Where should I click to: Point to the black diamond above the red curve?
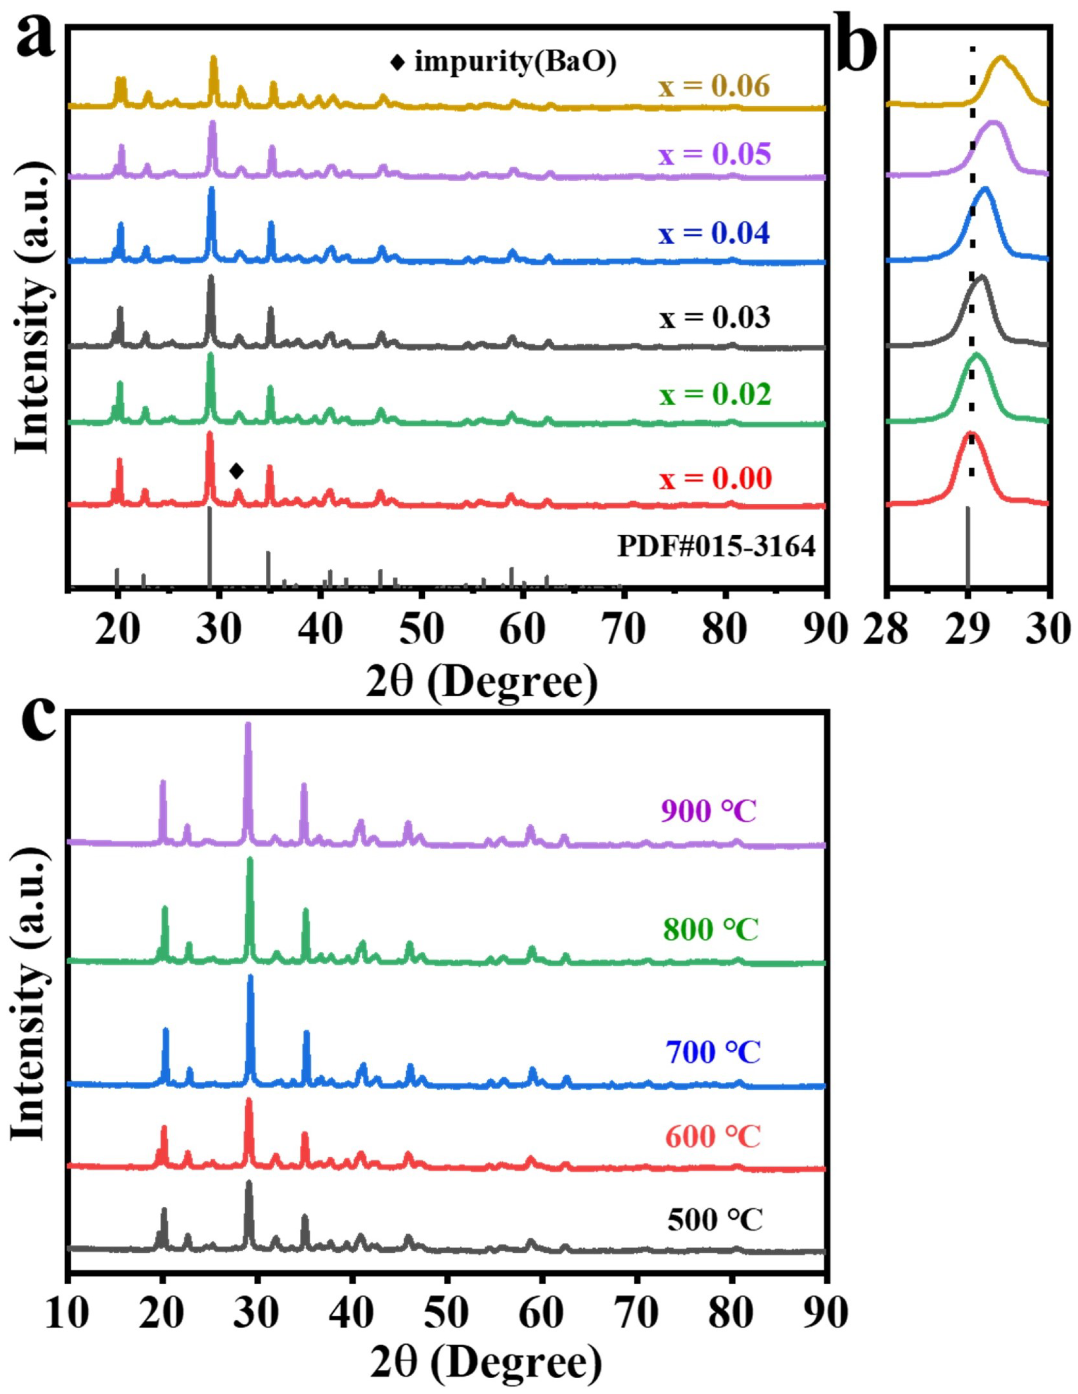tap(236, 471)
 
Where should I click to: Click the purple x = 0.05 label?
tap(714, 155)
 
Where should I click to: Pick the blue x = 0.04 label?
tap(714, 234)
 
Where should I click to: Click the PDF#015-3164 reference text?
tap(716, 548)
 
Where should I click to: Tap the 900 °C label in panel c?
tap(708, 812)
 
